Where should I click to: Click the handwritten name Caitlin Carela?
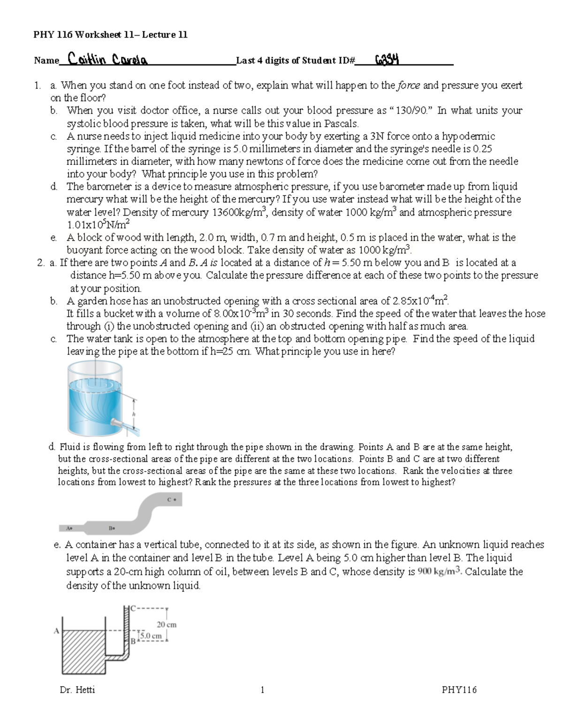pos(107,60)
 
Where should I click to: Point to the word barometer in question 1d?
pos(108,187)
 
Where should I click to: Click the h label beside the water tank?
pos(134,414)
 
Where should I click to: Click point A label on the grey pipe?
pos(69,528)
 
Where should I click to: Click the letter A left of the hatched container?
pos(56,631)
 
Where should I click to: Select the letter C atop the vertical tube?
pos(133,608)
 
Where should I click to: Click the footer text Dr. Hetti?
pos(77,690)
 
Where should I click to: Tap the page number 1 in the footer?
pos(262,690)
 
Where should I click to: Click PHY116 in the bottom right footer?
pos(459,690)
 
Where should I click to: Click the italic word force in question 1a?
pos(409,85)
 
